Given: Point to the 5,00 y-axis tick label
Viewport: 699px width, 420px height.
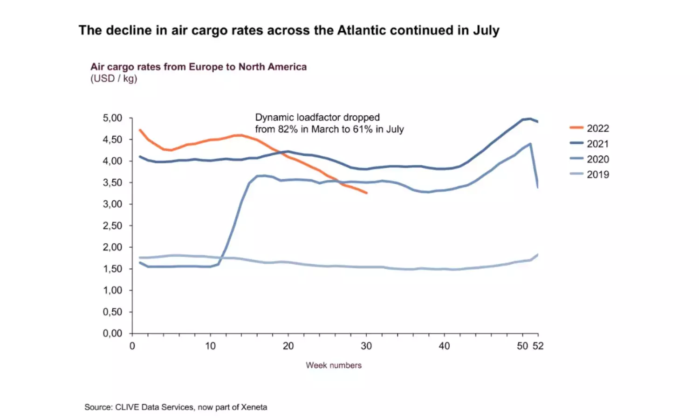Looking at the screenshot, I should tap(112, 118).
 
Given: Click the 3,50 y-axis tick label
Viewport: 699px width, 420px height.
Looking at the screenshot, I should tap(112, 182).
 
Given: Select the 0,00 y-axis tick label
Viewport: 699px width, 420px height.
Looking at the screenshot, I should tap(112, 333).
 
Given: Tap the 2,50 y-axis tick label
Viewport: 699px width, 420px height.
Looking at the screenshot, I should tap(112, 226).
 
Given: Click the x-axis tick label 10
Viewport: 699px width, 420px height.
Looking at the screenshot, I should tap(210, 346).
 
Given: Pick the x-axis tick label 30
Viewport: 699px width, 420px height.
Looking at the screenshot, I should tap(366, 346).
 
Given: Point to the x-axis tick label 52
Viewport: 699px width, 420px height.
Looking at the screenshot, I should tap(538, 346).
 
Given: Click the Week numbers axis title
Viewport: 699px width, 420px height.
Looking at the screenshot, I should tap(334, 365).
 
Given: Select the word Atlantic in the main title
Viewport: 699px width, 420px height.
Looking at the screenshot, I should tap(362, 30).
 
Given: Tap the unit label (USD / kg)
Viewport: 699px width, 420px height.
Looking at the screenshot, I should tap(114, 78).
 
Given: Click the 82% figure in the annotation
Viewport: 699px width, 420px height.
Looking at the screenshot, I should tap(288, 129).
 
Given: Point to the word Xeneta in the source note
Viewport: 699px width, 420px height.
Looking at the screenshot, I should tap(254, 407).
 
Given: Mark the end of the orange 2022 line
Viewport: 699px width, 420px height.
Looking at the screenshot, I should tap(367, 193).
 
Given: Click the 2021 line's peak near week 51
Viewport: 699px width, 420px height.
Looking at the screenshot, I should tap(530, 119).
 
